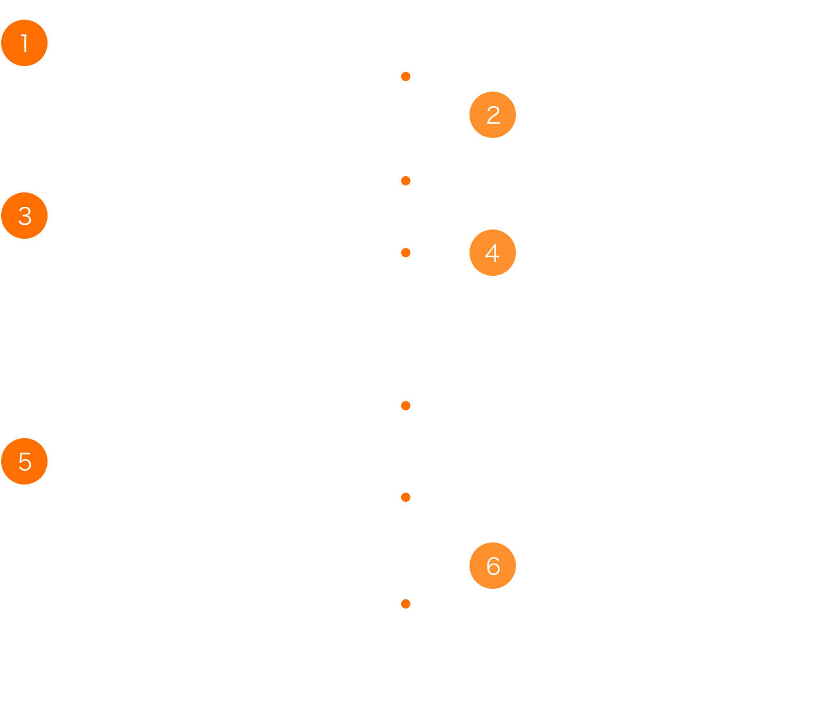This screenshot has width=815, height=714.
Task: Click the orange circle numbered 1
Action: coord(24,43)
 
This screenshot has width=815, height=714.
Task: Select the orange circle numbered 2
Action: coord(492,115)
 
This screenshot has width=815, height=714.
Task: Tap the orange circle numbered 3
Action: coord(24,216)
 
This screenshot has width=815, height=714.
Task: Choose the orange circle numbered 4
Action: coord(492,253)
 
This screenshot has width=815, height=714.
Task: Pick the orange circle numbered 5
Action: coord(24,461)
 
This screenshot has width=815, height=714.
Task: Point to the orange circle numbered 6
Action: coord(492,566)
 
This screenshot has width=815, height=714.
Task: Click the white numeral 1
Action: coord(25,43)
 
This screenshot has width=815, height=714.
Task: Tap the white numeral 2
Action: coord(493,115)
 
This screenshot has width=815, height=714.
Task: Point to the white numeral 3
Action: coord(25,216)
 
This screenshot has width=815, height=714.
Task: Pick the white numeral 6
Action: coord(493,566)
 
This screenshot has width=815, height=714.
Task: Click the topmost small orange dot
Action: coord(406,76)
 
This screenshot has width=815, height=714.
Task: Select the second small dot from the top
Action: coord(406,181)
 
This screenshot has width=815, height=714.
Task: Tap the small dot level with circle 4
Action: coord(406,253)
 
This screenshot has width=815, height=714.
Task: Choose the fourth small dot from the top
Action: coord(406,406)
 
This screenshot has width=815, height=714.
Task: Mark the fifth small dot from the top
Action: coord(406,497)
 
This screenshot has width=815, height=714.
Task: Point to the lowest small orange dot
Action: coord(406,604)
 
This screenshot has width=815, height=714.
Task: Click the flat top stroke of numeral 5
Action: coord(26,453)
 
